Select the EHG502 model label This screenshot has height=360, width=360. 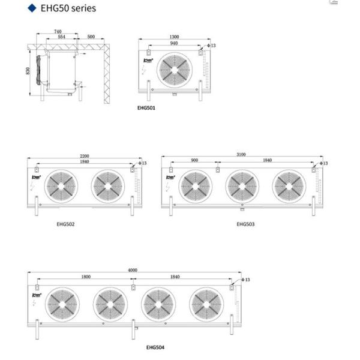coord(66,224)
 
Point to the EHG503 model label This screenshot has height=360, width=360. coord(245,224)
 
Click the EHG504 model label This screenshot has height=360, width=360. coord(155,347)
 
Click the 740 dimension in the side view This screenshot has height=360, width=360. coord(58,31)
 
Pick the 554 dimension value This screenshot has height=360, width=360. coord(62,37)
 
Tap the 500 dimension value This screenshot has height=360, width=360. coord(91,37)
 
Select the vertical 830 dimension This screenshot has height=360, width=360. coord(28,71)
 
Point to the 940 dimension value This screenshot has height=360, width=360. coord(174,43)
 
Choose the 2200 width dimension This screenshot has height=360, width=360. coord(85,155)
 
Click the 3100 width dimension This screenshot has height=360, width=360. coord(241,155)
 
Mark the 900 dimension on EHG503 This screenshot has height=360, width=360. coord(195,161)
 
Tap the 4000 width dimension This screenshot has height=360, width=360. coord(133,271)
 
